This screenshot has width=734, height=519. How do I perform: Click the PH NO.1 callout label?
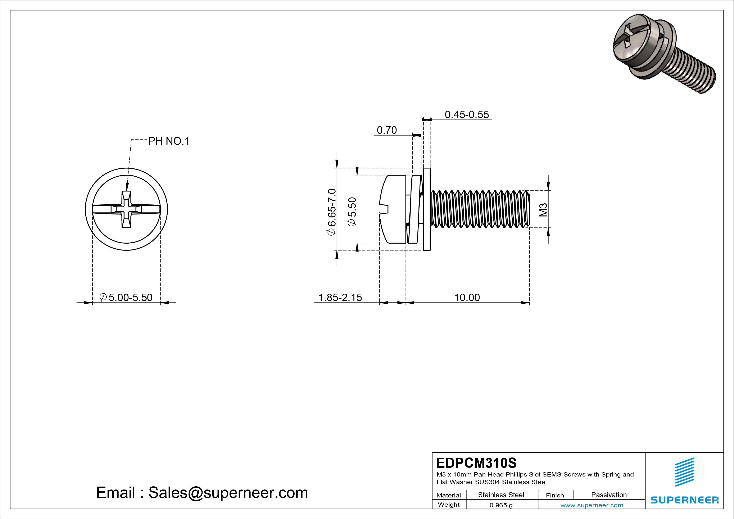(x=169, y=141)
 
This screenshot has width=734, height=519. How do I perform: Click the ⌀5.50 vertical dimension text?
(x=352, y=212)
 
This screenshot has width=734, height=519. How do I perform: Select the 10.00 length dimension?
(x=467, y=297)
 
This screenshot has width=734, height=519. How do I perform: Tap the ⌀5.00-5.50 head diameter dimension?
(x=126, y=297)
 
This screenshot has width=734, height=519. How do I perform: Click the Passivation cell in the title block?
(x=609, y=495)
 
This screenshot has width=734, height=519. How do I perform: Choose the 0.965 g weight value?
(x=501, y=505)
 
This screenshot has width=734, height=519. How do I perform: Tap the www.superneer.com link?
(x=592, y=505)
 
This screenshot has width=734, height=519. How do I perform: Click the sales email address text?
(x=202, y=492)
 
